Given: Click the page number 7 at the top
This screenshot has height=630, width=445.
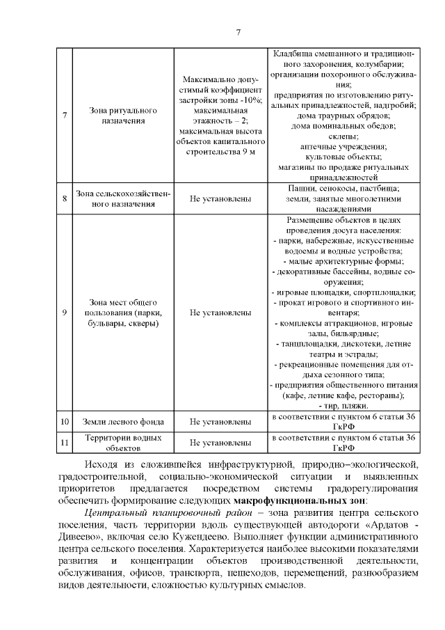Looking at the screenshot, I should tap(238, 32).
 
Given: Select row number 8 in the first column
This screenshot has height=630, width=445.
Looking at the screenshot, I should tap(64, 198).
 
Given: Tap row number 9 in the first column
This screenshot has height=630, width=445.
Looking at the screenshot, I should tap(64, 313).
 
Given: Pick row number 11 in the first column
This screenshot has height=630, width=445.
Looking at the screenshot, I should tap(64, 442).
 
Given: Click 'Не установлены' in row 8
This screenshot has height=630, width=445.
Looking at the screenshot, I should tap(220, 198).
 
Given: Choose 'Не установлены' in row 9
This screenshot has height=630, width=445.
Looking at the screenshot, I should tap(220, 313).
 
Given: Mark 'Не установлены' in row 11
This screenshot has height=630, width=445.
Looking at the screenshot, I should tap(220, 442).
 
